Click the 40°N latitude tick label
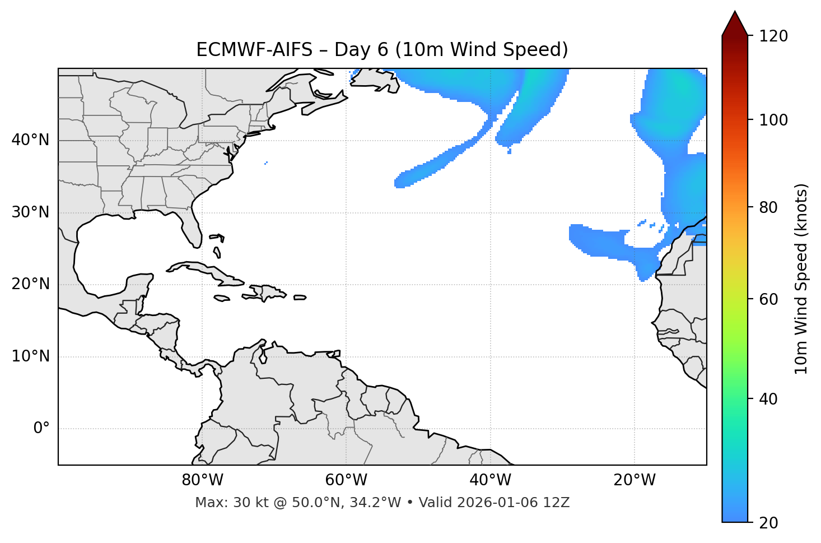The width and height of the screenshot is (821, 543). point(30,140)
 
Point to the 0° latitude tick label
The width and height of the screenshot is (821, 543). point(41,429)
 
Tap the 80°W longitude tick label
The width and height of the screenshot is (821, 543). point(202,480)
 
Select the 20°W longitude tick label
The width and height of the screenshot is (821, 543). point(635,480)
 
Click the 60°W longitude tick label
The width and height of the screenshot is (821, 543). point(346,480)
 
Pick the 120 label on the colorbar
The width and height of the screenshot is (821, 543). point(773,36)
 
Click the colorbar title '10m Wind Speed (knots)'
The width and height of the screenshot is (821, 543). point(801,279)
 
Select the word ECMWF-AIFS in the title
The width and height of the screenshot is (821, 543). point(254,50)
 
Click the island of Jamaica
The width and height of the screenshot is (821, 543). point(222,299)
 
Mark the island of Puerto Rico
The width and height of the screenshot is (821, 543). point(300,298)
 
